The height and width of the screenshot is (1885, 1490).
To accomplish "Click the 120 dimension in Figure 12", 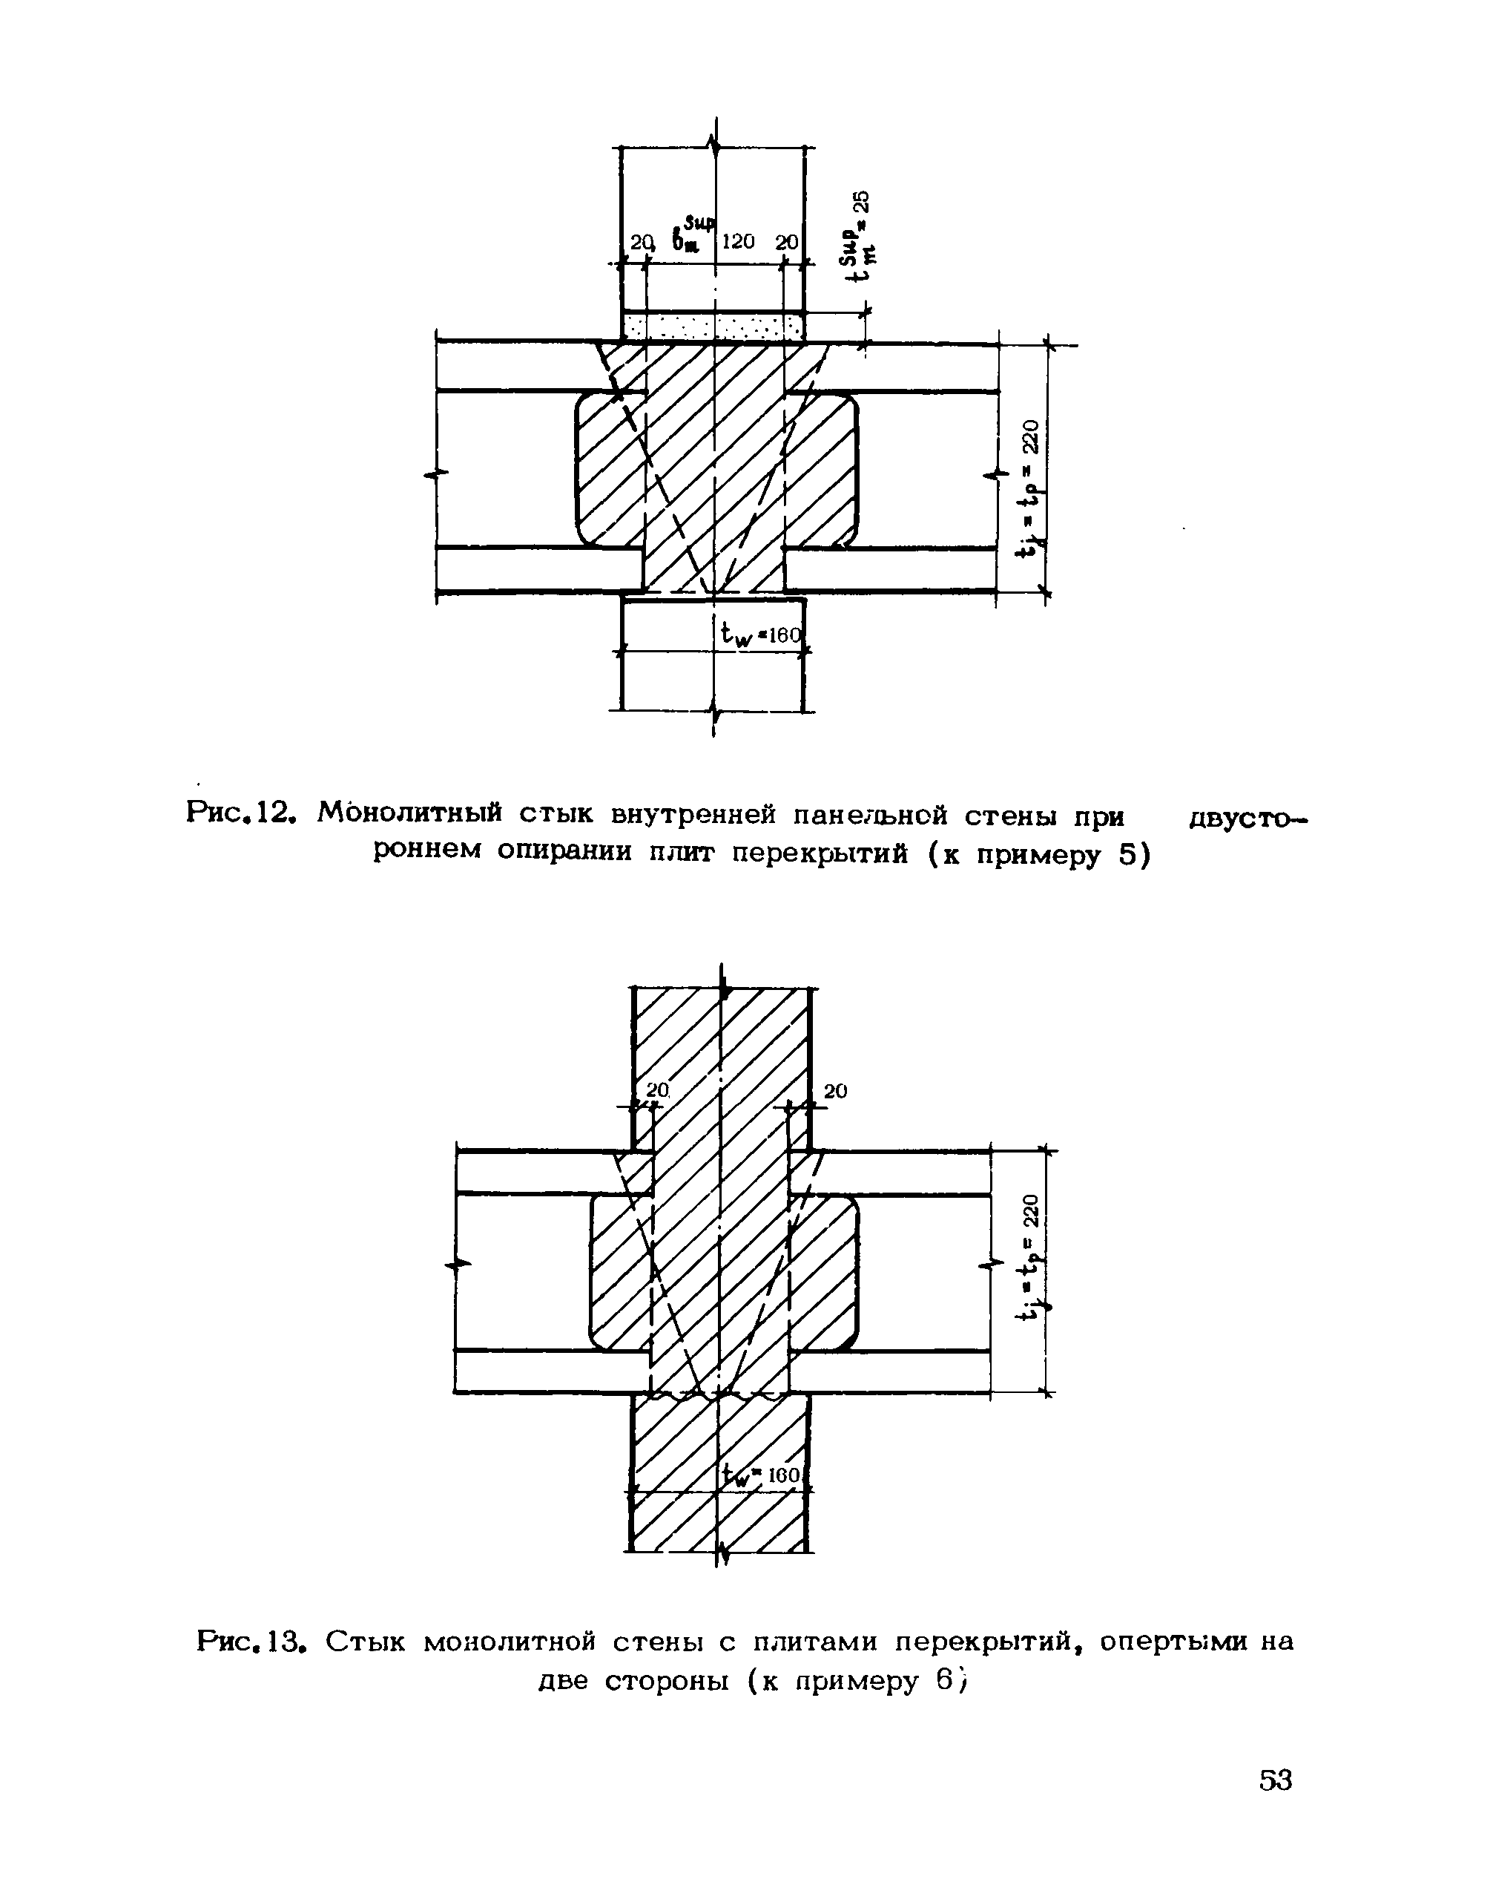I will (x=738, y=242).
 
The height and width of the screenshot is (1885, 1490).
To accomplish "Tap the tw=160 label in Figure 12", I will (x=759, y=634).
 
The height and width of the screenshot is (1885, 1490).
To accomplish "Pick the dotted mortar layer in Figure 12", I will (x=713, y=328).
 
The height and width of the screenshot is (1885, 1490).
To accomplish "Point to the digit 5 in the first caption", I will (x=1129, y=857).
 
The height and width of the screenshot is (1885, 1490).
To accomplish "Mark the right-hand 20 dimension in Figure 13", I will (x=835, y=1092).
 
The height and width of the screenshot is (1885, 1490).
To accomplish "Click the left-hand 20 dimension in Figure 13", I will (x=657, y=1090).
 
